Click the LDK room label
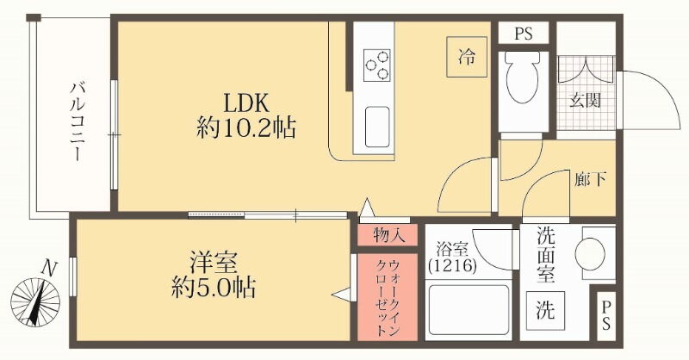click(246, 104)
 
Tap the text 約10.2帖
click(246, 128)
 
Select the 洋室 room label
click(214, 263)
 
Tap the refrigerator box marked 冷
click(467, 57)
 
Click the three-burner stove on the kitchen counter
click(377, 65)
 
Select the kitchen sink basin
click(377, 127)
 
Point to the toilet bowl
click(523, 78)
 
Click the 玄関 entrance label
click(586, 101)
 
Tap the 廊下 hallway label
click(590, 179)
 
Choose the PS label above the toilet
click(523, 34)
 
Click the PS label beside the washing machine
click(606, 315)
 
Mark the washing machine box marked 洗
click(545, 311)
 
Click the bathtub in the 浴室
click(469, 310)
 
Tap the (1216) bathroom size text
click(452, 265)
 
